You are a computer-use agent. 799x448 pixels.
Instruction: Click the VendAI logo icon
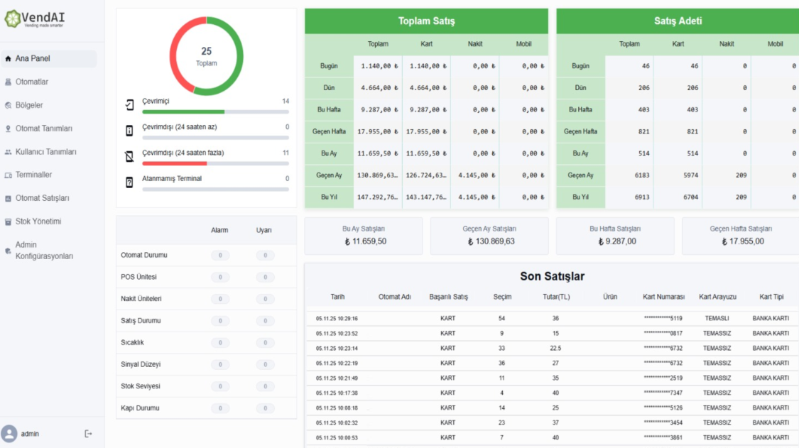13,18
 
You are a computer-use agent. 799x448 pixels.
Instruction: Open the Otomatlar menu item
32,82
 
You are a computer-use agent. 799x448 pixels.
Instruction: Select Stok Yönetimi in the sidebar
38,222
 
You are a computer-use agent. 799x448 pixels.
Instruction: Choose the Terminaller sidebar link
33,175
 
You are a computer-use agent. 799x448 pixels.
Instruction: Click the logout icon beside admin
88,434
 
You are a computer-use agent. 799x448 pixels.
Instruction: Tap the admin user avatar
9,434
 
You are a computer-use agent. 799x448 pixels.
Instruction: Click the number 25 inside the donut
206,51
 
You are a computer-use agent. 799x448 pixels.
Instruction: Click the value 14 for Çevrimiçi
286,102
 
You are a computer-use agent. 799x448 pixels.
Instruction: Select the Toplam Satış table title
426,21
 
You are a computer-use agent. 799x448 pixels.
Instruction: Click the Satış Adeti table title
678,21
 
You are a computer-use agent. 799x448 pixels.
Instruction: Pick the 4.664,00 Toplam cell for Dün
378,88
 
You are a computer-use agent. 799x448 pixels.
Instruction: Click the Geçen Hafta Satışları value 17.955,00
743,241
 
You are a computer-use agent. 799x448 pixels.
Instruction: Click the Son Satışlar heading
552,276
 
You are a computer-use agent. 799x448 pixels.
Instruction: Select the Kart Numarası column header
663,297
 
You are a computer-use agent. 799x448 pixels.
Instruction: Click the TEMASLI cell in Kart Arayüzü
717,319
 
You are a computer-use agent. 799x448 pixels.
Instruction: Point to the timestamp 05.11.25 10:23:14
337,349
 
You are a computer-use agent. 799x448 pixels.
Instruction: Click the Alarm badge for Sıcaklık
220,343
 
